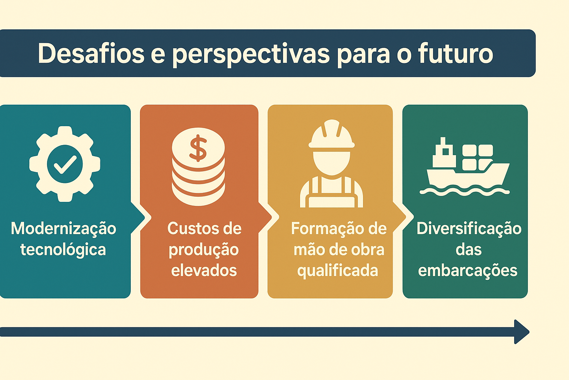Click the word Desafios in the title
[91, 54]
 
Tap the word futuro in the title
[455, 54]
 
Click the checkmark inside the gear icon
[65, 164]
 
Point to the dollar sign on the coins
[198, 148]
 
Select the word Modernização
[63, 228]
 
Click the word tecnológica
[63, 250]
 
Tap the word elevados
[204, 271]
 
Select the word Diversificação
[469, 228]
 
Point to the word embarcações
[467, 271]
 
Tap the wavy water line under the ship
[465, 191]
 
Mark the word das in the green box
[469, 250]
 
